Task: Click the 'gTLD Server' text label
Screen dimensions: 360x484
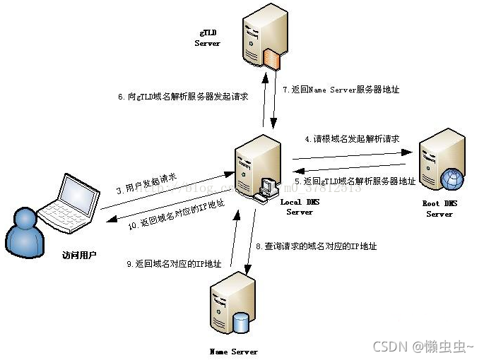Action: pyautogui.click(x=207, y=38)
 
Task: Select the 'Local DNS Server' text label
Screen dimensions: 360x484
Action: pyautogui.click(x=300, y=207)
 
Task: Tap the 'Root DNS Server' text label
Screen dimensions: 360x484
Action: pyautogui.click(x=439, y=209)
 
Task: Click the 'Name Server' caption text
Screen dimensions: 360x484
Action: pyautogui.click(x=234, y=351)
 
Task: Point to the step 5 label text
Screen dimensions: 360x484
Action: pyautogui.click(x=355, y=181)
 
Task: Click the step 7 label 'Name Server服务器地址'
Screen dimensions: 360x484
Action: pyautogui.click(x=341, y=90)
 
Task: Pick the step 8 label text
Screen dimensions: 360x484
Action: pyautogui.click(x=316, y=246)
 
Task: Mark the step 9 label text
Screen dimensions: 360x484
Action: pyautogui.click(x=175, y=263)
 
